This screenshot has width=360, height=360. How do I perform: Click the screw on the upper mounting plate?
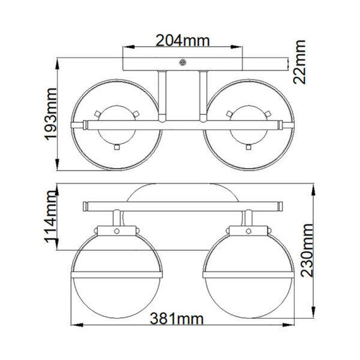click(183, 62)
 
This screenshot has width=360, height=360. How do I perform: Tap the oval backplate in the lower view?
click(181, 193)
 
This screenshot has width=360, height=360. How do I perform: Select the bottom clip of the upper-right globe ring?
click(248, 147)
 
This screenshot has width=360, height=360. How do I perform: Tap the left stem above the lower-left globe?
click(117, 220)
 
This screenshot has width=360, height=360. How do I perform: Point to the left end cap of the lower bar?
click(85, 205)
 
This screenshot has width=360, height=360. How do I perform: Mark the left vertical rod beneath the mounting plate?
click(162, 95)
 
